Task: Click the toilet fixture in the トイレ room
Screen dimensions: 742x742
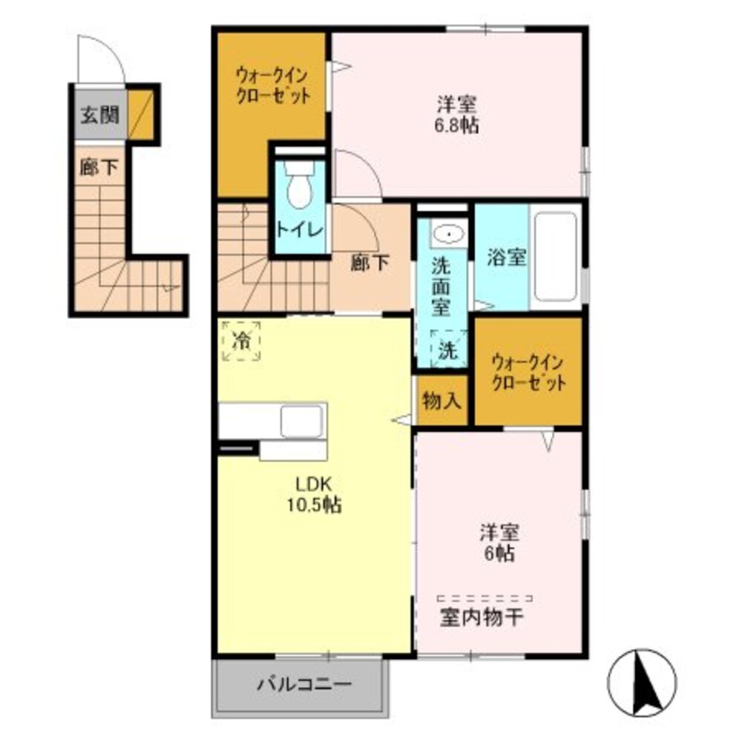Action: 300,184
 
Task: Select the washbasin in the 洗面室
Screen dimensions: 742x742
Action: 449,233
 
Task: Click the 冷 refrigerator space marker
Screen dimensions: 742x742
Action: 241,341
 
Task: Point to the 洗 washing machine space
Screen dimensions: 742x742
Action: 448,349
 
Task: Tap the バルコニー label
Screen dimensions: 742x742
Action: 304,684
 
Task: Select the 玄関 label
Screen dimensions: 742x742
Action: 100,115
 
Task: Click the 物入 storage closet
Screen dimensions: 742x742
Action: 442,401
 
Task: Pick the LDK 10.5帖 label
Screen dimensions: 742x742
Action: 314,494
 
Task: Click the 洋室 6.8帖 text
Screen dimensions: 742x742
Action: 456,114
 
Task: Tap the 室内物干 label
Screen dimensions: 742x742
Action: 482,617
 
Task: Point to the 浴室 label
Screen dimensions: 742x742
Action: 506,257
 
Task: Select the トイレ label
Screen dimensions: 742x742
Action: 300,231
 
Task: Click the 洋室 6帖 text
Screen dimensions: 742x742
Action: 499,542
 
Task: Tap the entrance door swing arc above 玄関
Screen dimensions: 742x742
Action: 112,48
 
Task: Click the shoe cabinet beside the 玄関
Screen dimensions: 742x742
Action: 141,114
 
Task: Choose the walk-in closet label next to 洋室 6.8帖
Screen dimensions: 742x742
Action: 273,85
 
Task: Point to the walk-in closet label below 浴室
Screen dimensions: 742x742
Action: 528,373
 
